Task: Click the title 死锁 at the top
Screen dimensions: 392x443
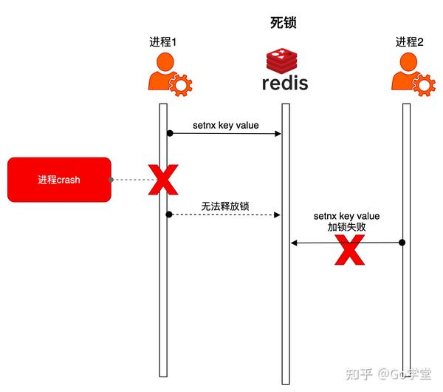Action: pyautogui.click(x=284, y=23)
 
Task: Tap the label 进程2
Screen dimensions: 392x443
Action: pyautogui.click(x=409, y=41)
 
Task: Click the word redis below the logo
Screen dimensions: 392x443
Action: pyautogui.click(x=285, y=83)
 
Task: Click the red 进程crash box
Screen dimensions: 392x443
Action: pyautogui.click(x=59, y=180)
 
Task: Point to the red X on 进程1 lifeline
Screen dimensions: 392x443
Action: pyautogui.click(x=164, y=180)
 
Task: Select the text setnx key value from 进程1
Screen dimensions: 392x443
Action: pyautogui.click(x=225, y=125)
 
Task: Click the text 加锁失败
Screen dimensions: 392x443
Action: pyautogui.click(x=346, y=228)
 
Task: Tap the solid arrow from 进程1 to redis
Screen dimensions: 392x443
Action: pyautogui.click(x=225, y=134)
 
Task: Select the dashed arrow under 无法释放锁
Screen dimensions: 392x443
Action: pyautogui.click(x=225, y=214)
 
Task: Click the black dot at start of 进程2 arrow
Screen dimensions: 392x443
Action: pyautogui.click(x=402, y=243)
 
